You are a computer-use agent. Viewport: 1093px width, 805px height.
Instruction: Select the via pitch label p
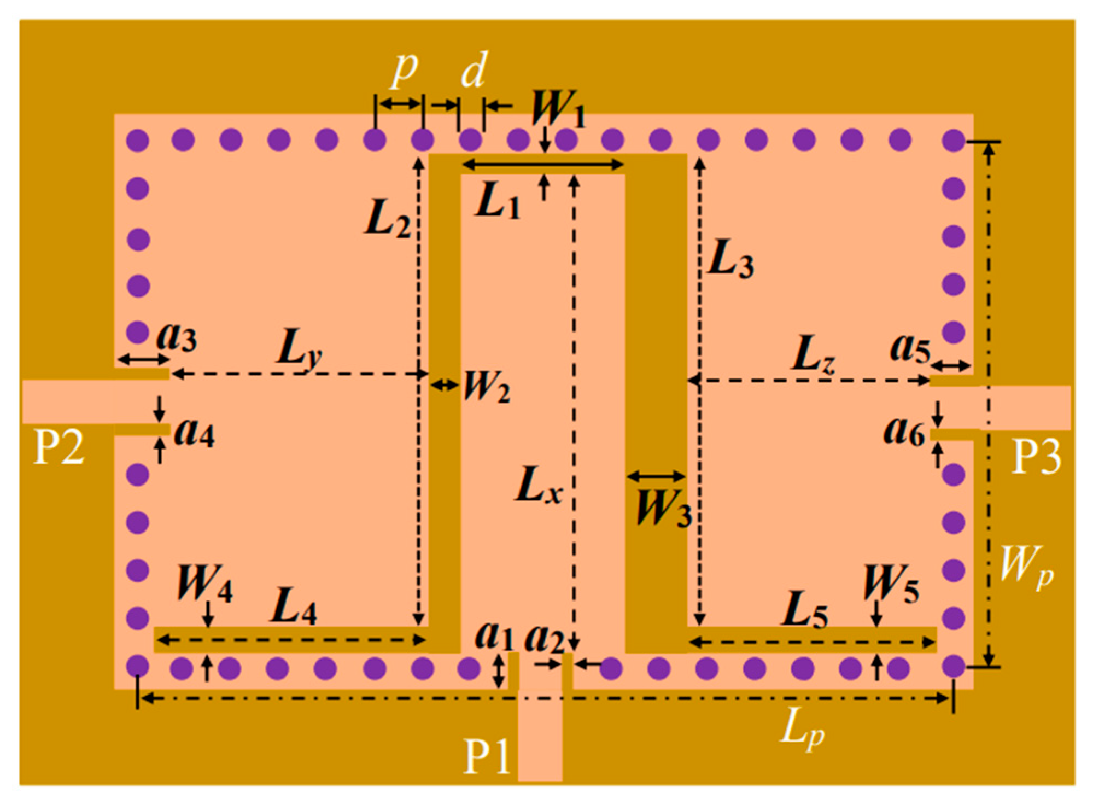404,71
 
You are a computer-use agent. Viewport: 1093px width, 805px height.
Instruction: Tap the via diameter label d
472,70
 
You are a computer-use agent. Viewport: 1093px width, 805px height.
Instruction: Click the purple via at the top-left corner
137,141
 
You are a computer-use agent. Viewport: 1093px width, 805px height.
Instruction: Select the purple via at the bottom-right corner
954,667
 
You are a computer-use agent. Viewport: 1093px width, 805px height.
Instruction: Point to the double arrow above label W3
656,476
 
